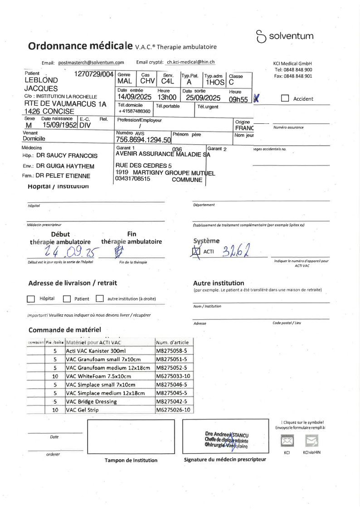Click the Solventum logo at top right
pos(284,36)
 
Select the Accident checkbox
pos(285,98)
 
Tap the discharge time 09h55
pos(238,100)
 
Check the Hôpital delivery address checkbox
pos(31,299)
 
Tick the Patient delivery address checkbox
pos(67,299)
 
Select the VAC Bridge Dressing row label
pos(91,401)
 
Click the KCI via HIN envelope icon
pos(311,440)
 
